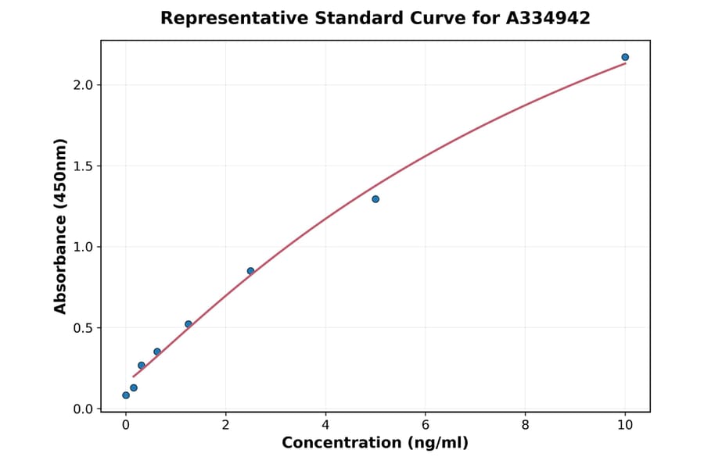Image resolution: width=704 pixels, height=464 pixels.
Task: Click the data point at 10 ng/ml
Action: coord(625,57)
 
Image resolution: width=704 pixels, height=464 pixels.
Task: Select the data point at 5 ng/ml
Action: coord(375,199)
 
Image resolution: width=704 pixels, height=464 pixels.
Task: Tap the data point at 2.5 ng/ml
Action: coord(250,271)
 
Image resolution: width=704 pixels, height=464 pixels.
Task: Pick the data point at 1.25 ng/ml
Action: coord(189,324)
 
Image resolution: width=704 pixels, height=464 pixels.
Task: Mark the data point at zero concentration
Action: coord(126,395)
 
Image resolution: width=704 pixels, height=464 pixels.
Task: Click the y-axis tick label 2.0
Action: coord(82,85)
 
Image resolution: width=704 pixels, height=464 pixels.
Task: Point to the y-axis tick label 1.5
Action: coord(82,166)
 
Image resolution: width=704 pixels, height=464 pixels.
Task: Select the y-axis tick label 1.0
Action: coord(82,247)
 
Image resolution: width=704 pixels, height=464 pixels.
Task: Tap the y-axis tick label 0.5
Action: coord(82,328)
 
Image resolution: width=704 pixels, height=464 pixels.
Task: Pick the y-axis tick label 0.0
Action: coord(82,409)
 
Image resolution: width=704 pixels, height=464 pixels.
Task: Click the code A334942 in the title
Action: coord(548,18)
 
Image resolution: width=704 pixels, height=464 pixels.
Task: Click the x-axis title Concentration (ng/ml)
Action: coord(375,444)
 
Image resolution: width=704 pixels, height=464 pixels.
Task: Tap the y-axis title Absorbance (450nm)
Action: coord(61,226)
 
